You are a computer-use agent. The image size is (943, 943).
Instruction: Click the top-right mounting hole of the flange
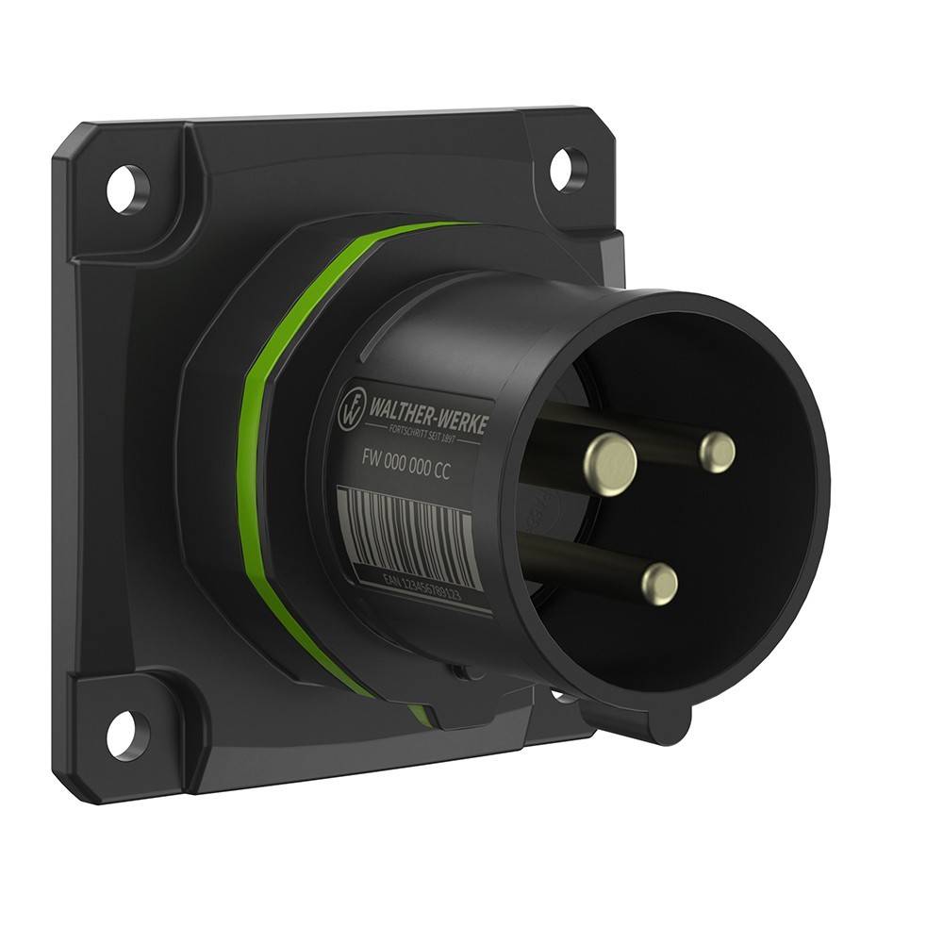pyautogui.click(x=568, y=169)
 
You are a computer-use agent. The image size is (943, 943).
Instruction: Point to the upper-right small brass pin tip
pyautogui.click(x=717, y=453)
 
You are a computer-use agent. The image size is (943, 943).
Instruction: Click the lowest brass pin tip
pyautogui.click(x=659, y=584)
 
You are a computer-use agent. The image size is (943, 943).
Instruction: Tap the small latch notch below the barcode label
pyautogui.click(x=462, y=671)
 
